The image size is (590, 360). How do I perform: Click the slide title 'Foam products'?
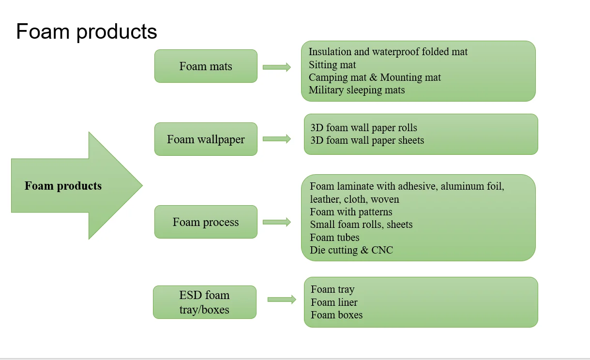(86, 32)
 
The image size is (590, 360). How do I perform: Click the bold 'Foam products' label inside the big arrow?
(63, 186)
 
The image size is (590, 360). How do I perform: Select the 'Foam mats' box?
(206, 66)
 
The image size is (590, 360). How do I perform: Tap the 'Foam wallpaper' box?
(206, 139)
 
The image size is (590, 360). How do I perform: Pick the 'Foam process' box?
(206, 222)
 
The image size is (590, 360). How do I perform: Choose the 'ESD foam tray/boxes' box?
(205, 302)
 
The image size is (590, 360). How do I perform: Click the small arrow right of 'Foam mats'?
(277, 67)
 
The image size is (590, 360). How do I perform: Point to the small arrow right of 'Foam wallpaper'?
(277, 139)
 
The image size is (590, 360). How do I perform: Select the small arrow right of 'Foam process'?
(277, 222)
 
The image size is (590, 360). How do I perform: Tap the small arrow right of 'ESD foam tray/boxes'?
(282, 300)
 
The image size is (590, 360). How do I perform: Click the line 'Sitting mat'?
(332, 65)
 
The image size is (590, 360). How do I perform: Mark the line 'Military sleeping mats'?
(357, 90)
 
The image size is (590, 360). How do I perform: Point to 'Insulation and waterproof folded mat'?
(388, 52)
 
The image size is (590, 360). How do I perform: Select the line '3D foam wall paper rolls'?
(364, 128)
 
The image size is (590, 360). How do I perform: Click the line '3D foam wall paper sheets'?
(367, 140)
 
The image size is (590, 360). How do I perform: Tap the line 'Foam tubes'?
(334, 238)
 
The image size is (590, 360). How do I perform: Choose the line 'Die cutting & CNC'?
(351, 250)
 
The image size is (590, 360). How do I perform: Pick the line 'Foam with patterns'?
(351, 212)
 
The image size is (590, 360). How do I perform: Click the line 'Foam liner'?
(334, 302)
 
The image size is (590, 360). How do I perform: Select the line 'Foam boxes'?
(336, 315)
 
